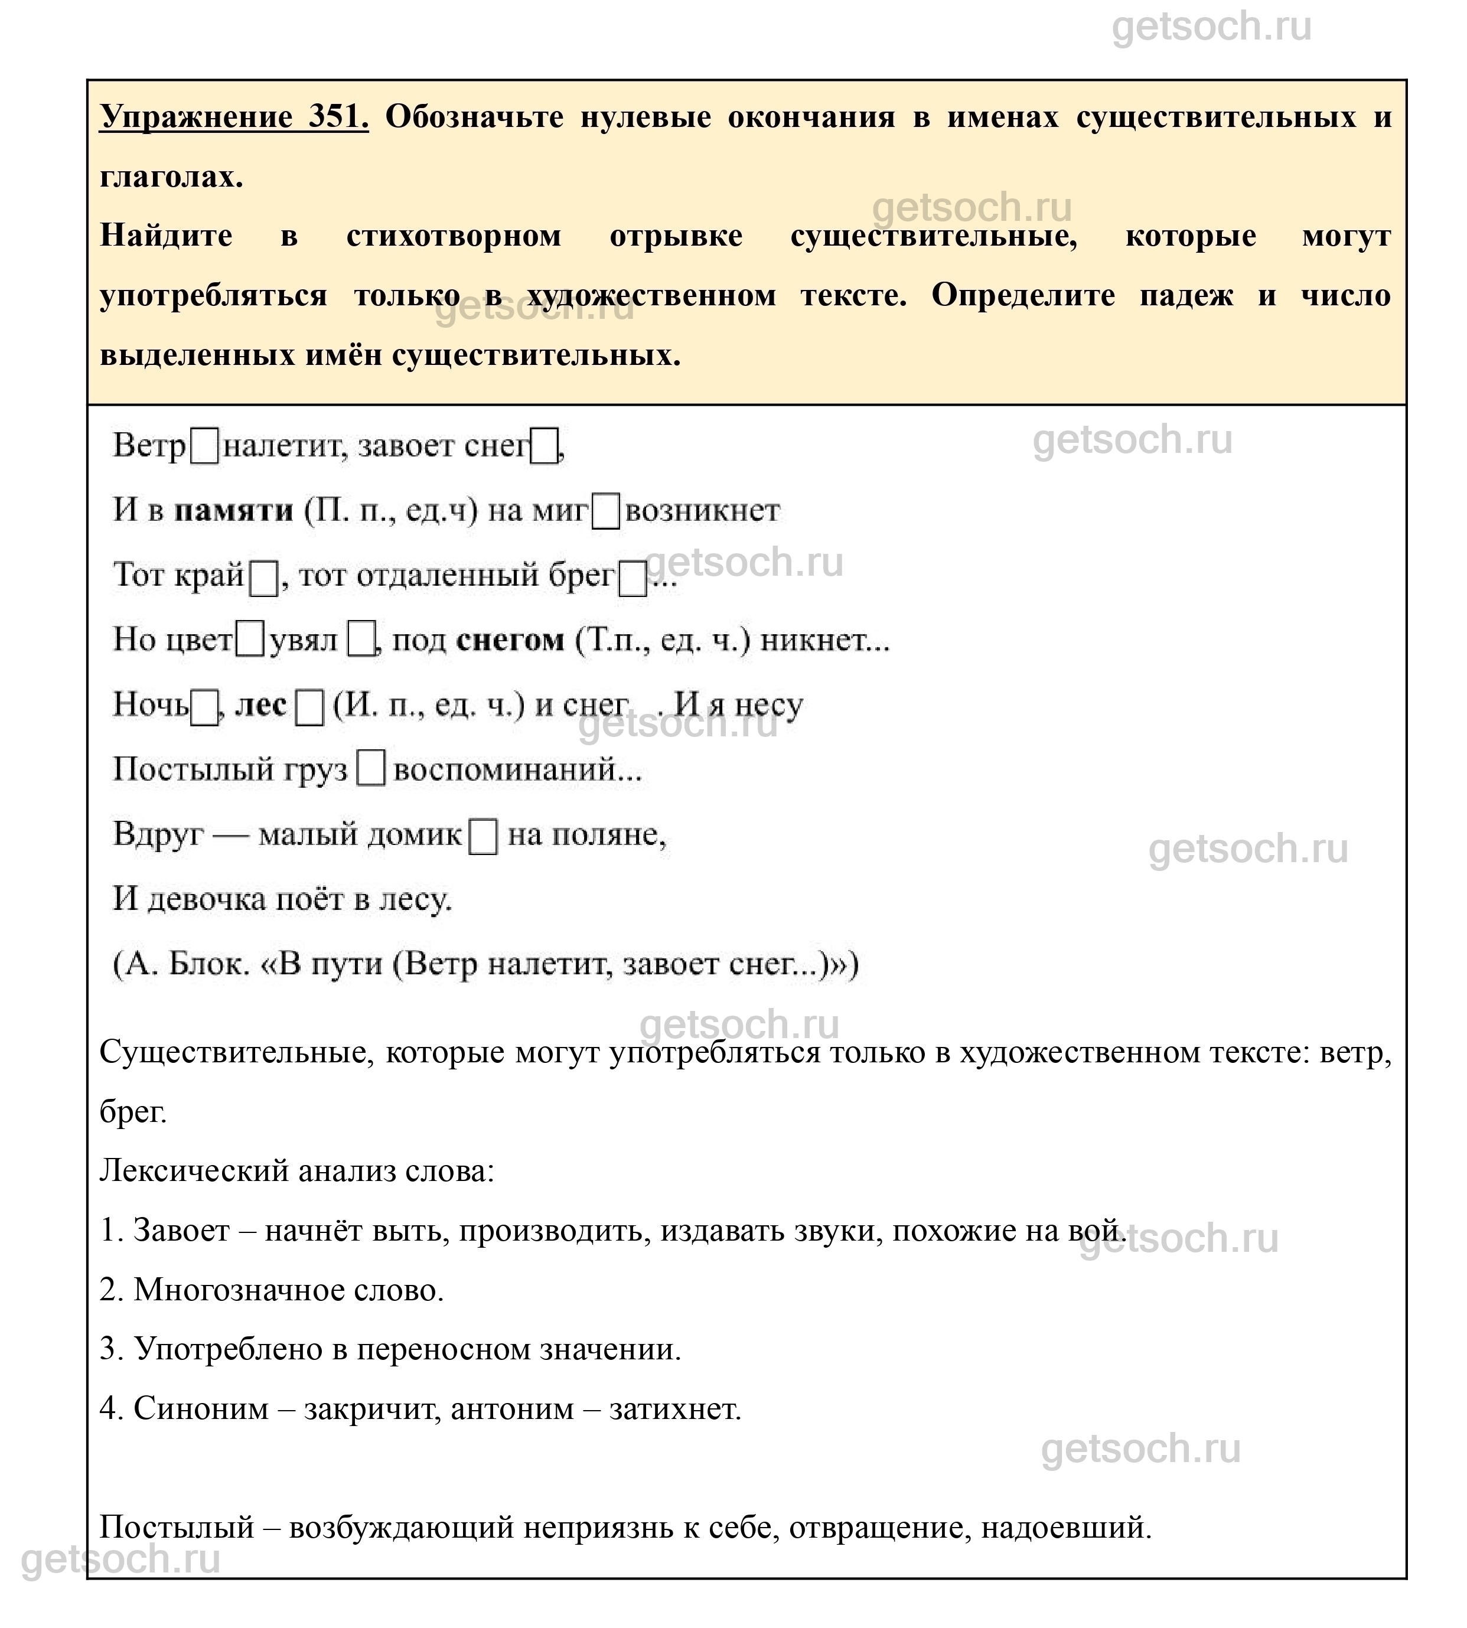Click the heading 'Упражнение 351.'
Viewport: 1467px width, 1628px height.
(x=234, y=118)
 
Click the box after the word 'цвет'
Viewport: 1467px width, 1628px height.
(x=250, y=641)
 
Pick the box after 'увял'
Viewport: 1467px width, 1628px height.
(x=360, y=641)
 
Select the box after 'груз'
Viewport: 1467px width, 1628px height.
(x=371, y=769)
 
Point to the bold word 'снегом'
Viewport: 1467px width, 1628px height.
(x=510, y=640)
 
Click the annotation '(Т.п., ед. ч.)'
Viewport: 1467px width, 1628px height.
(x=663, y=640)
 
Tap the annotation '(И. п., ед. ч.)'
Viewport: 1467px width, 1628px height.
(x=428, y=705)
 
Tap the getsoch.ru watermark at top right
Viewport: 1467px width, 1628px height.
(x=1211, y=27)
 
